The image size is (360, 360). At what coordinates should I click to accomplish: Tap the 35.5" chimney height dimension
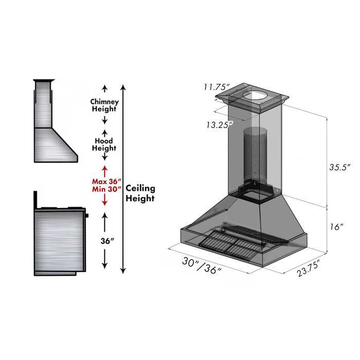(339, 167)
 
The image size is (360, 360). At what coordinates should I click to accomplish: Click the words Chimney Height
(104, 105)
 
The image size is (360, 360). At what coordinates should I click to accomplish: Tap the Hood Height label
(104, 145)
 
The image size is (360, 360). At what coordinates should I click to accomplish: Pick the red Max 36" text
(106, 182)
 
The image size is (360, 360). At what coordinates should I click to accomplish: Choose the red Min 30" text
(106, 189)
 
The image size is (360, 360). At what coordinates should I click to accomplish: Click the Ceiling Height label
(140, 193)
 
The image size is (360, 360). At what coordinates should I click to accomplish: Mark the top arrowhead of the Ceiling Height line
(122, 86)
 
